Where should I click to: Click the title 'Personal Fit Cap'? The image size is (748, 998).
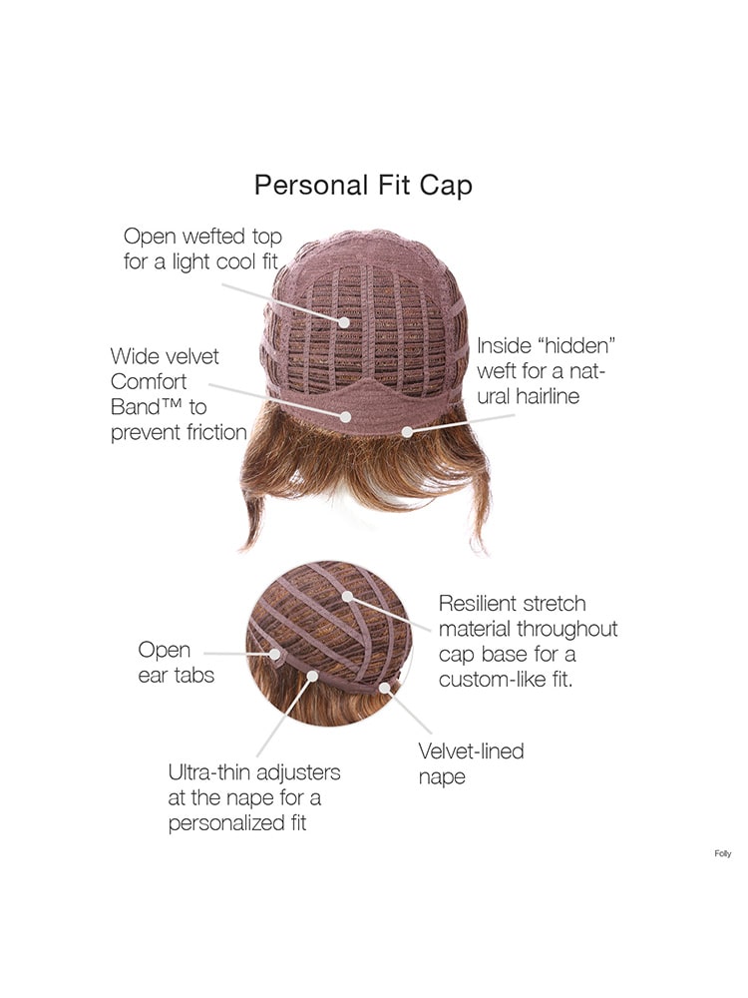point(363,186)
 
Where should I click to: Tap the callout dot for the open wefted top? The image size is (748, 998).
point(343,322)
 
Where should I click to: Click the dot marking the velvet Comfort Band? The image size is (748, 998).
point(345,417)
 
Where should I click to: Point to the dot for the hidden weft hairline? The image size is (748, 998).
point(407,431)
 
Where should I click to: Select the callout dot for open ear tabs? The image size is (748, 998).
point(275,654)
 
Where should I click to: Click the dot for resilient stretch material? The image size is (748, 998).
point(347,597)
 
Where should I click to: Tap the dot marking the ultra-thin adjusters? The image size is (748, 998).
point(312,676)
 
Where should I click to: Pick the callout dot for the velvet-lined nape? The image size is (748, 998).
point(384,688)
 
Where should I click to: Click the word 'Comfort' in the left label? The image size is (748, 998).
point(149,381)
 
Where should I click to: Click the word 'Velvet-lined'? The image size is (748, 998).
point(472,751)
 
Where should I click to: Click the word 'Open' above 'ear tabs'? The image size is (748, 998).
point(165,651)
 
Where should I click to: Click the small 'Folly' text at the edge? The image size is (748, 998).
point(722,853)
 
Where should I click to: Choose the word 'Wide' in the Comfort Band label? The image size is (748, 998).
point(130,356)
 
